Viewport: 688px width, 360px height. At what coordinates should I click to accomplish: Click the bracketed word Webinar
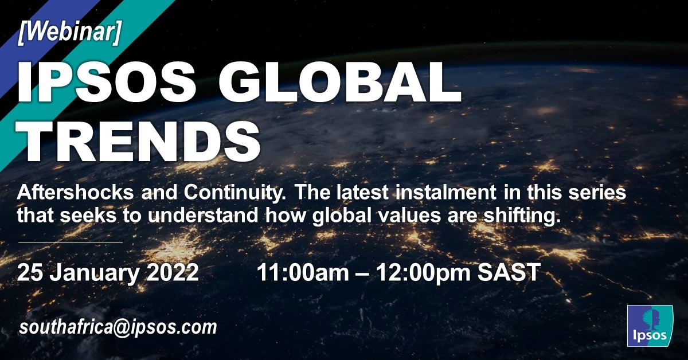click(70, 33)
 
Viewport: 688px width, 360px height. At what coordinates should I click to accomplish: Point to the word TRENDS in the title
click(139, 140)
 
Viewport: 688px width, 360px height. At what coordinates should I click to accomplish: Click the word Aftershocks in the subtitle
click(76, 193)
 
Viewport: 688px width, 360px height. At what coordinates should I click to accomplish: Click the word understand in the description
click(203, 216)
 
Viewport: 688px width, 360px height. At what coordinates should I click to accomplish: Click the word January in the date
click(94, 273)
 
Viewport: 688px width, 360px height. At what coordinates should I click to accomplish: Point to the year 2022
click(173, 272)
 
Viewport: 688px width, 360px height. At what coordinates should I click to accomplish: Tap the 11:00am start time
click(303, 272)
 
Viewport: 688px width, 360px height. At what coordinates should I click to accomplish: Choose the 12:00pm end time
click(423, 273)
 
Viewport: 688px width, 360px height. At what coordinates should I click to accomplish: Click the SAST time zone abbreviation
click(509, 272)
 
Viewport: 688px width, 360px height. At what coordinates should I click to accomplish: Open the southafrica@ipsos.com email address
click(118, 327)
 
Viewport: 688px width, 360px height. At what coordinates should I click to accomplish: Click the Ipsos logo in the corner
click(650, 326)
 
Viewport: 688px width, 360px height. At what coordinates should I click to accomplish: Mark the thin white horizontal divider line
click(71, 242)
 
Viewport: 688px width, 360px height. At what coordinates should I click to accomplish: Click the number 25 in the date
click(30, 272)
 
